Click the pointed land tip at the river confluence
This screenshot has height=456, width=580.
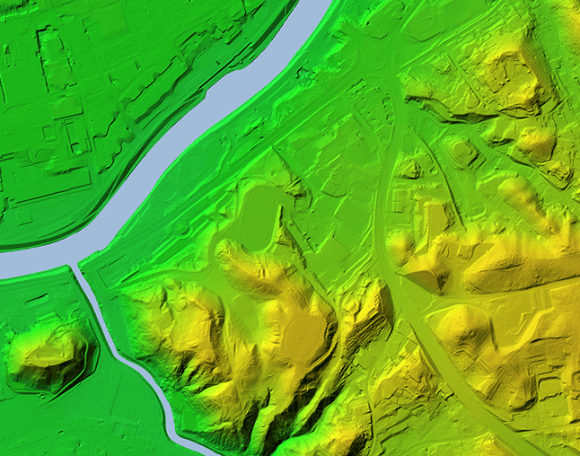point(83,262)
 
